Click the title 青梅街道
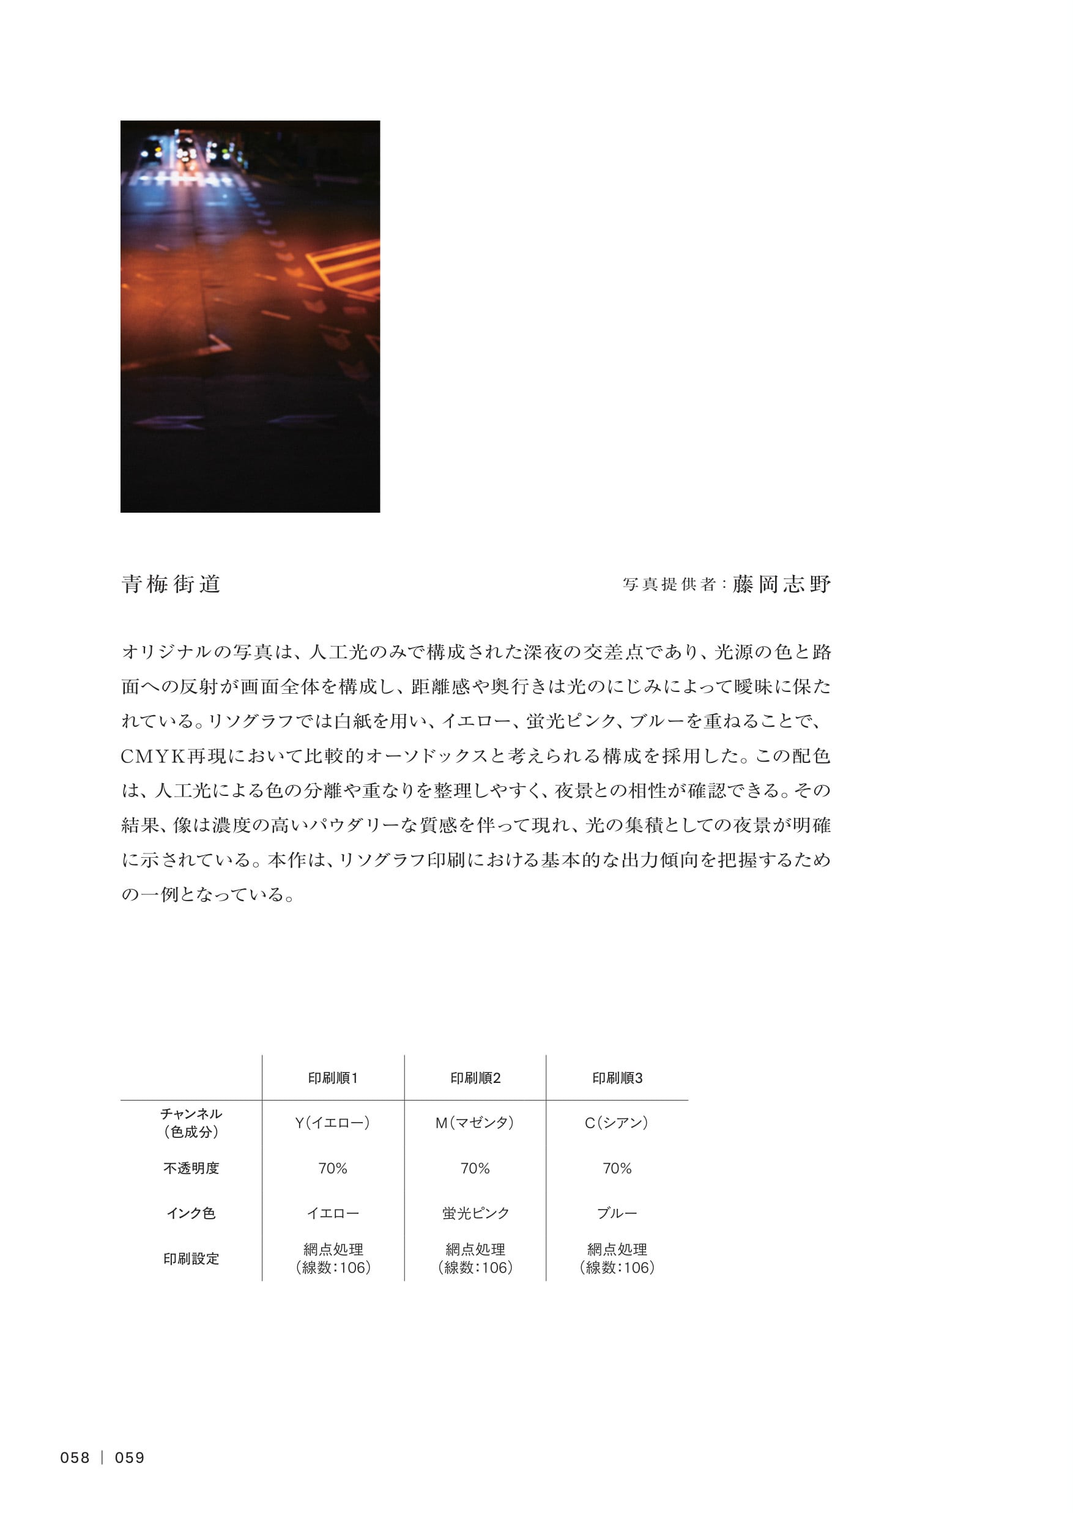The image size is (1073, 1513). pyautogui.click(x=171, y=584)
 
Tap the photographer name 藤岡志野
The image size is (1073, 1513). pyautogui.click(x=781, y=584)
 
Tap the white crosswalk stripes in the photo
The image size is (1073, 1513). pyautogui.click(x=182, y=179)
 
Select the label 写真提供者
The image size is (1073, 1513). pyautogui.click(x=669, y=585)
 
